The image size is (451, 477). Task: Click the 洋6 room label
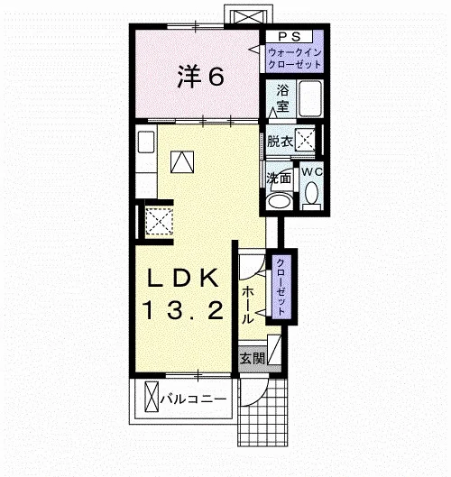(201, 76)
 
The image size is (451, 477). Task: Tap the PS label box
(289, 36)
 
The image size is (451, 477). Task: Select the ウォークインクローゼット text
(295, 59)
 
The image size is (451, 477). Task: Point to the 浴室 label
(282, 98)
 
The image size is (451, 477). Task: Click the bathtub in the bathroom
(310, 98)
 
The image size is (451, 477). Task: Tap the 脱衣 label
(280, 142)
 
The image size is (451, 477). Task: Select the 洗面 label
(279, 178)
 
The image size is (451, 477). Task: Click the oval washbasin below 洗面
(279, 201)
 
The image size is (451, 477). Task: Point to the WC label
(312, 172)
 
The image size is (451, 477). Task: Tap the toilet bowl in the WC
(311, 194)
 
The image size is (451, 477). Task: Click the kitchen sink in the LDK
(146, 142)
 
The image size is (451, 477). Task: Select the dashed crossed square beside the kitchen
(159, 221)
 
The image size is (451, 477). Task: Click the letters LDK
(183, 278)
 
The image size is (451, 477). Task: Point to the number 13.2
(183, 309)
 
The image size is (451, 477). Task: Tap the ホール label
(247, 305)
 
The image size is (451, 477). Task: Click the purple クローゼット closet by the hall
(281, 287)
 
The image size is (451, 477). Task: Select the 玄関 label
(252, 359)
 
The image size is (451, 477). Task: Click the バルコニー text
(194, 399)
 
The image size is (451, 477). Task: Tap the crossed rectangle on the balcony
(152, 397)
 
